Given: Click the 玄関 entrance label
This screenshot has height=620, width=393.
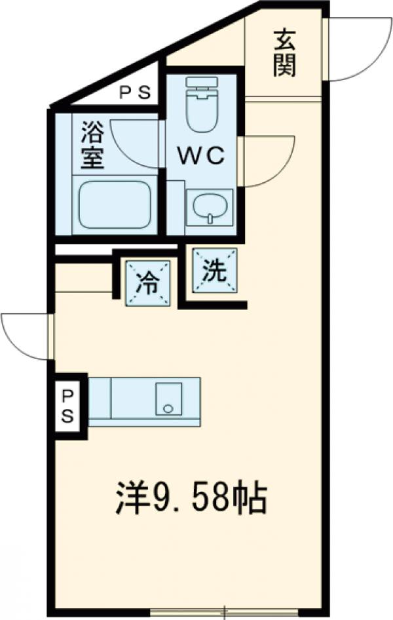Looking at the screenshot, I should [284, 53].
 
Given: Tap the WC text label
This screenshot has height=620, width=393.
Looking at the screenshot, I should [202, 155].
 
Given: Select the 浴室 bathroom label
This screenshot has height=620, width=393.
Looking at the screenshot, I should [92, 147].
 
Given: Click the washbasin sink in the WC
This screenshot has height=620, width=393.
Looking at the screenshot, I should [209, 207].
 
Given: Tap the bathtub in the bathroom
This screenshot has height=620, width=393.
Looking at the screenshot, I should [115, 204].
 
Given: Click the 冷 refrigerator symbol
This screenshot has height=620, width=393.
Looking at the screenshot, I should [148, 283].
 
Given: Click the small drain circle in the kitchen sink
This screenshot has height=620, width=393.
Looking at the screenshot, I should [168, 408].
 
